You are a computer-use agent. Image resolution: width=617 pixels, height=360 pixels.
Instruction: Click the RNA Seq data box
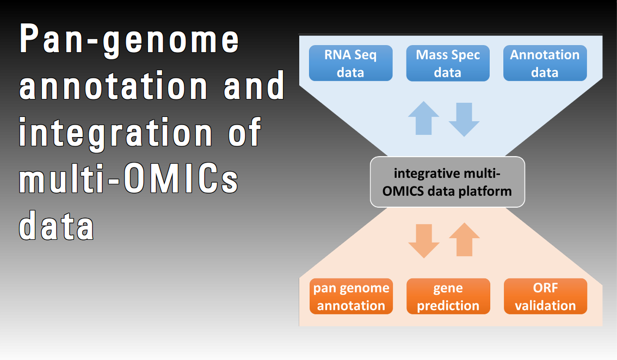(350, 63)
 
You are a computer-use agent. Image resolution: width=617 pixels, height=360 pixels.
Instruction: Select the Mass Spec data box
(448, 63)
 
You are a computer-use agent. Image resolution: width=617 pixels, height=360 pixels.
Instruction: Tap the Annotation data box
(545, 63)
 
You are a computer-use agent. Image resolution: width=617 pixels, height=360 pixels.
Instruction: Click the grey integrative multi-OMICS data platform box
(447, 182)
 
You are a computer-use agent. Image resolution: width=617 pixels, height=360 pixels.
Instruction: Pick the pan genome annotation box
(351, 296)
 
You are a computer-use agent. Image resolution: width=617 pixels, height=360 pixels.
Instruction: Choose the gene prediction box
(448, 296)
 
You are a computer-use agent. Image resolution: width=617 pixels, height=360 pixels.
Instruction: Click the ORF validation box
(545, 296)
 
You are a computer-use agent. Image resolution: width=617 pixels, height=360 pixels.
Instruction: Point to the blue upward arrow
(423, 118)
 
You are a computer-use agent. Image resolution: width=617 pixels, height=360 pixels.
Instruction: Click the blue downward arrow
(464, 119)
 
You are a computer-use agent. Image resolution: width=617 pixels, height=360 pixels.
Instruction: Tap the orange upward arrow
(464, 239)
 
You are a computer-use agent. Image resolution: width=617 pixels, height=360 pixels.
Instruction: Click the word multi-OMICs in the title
(129, 179)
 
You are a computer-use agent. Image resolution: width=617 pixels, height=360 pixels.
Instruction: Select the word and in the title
(255, 87)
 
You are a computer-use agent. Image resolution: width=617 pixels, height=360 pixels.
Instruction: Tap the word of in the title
(245, 133)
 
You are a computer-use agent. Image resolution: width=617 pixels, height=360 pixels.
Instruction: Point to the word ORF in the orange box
(545, 288)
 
